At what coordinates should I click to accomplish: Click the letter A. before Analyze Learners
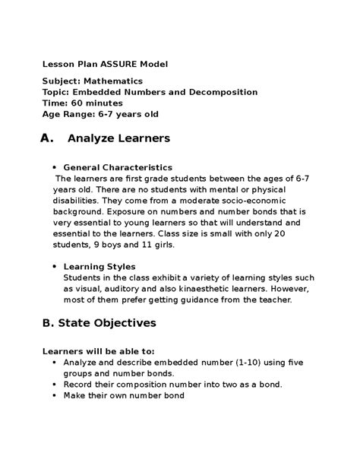pyautogui.click(x=47, y=138)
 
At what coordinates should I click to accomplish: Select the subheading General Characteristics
pyautogui.click(x=118, y=166)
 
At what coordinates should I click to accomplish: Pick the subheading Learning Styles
pyautogui.click(x=99, y=267)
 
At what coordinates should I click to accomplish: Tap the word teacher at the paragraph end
pyautogui.click(x=275, y=300)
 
